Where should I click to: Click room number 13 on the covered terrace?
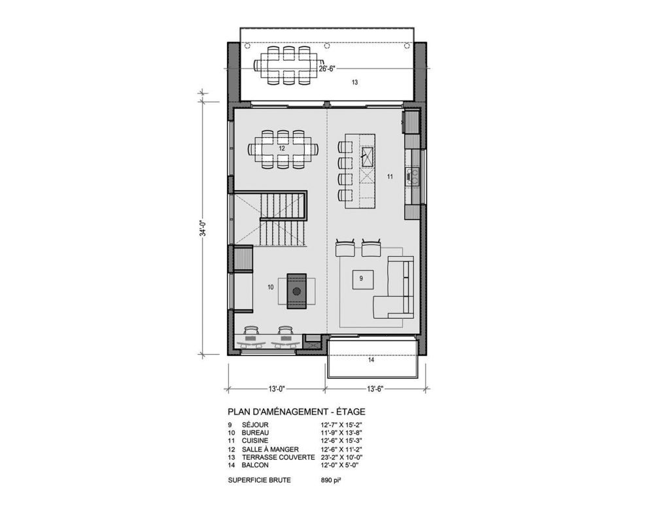pyautogui.click(x=354, y=82)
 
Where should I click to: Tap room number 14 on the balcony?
pyautogui.click(x=371, y=360)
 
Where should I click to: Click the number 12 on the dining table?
pyautogui.click(x=282, y=148)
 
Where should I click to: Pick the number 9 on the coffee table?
pyautogui.click(x=361, y=278)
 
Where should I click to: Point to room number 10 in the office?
pyautogui.click(x=270, y=287)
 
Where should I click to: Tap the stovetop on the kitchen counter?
pyautogui.click(x=413, y=174)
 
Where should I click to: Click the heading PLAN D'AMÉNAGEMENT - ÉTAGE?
pyautogui.click(x=296, y=412)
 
